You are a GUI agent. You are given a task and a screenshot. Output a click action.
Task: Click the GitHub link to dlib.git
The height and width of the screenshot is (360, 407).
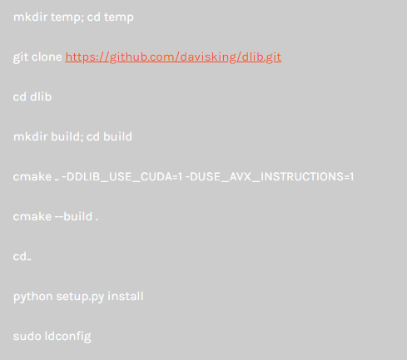coord(173,57)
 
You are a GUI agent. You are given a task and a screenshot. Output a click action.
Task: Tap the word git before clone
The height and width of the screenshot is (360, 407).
coord(20,57)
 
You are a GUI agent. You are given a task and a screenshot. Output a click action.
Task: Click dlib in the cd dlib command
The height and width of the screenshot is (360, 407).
coord(41,96)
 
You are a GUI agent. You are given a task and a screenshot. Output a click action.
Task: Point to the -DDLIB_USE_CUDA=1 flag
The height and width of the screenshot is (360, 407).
coord(122,177)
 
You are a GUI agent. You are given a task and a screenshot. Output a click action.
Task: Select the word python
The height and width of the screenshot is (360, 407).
coord(32,297)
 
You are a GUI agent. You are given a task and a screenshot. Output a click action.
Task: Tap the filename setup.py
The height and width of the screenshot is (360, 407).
coord(80,297)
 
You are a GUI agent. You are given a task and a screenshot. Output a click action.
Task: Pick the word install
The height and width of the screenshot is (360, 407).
coord(126,296)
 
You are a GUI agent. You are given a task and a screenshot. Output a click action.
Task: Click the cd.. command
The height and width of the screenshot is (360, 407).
coord(22,256)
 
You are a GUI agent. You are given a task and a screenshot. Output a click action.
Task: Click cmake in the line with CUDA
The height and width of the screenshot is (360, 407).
coord(32,177)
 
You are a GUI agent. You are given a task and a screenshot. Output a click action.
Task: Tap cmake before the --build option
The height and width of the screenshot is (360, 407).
coord(32,216)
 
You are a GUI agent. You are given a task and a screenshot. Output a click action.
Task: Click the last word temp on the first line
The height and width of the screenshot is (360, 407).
coord(119,17)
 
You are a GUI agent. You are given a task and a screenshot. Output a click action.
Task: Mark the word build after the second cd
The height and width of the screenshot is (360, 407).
coord(117,136)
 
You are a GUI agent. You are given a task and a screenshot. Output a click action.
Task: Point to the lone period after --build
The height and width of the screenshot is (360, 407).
coord(97,220)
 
